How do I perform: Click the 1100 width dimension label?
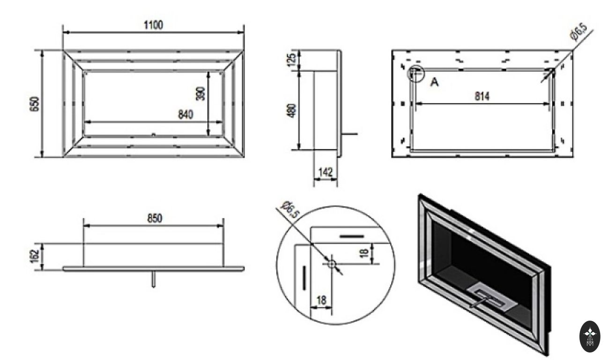(x=153, y=25)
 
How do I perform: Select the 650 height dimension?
(x=35, y=104)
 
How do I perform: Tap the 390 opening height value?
(x=200, y=93)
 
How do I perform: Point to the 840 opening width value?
(x=185, y=114)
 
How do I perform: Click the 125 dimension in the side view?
(x=291, y=60)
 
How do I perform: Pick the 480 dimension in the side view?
(x=291, y=111)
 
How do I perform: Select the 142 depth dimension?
(x=326, y=172)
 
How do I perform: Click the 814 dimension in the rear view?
(x=482, y=96)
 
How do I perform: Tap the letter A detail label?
(x=435, y=82)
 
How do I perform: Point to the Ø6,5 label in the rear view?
(x=579, y=32)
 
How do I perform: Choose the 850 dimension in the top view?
(x=155, y=218)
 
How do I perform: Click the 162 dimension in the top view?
(x=35, y=256)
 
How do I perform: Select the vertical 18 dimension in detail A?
(x=364, y=253)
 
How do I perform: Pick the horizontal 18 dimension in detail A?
(x=321, y=300)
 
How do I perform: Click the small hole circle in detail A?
(x=332, y=263)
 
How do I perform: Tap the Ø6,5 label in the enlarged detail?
(x=290, y=210)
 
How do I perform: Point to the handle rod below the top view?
(x=154, y=278)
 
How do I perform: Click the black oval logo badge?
(x=590, y=336)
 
